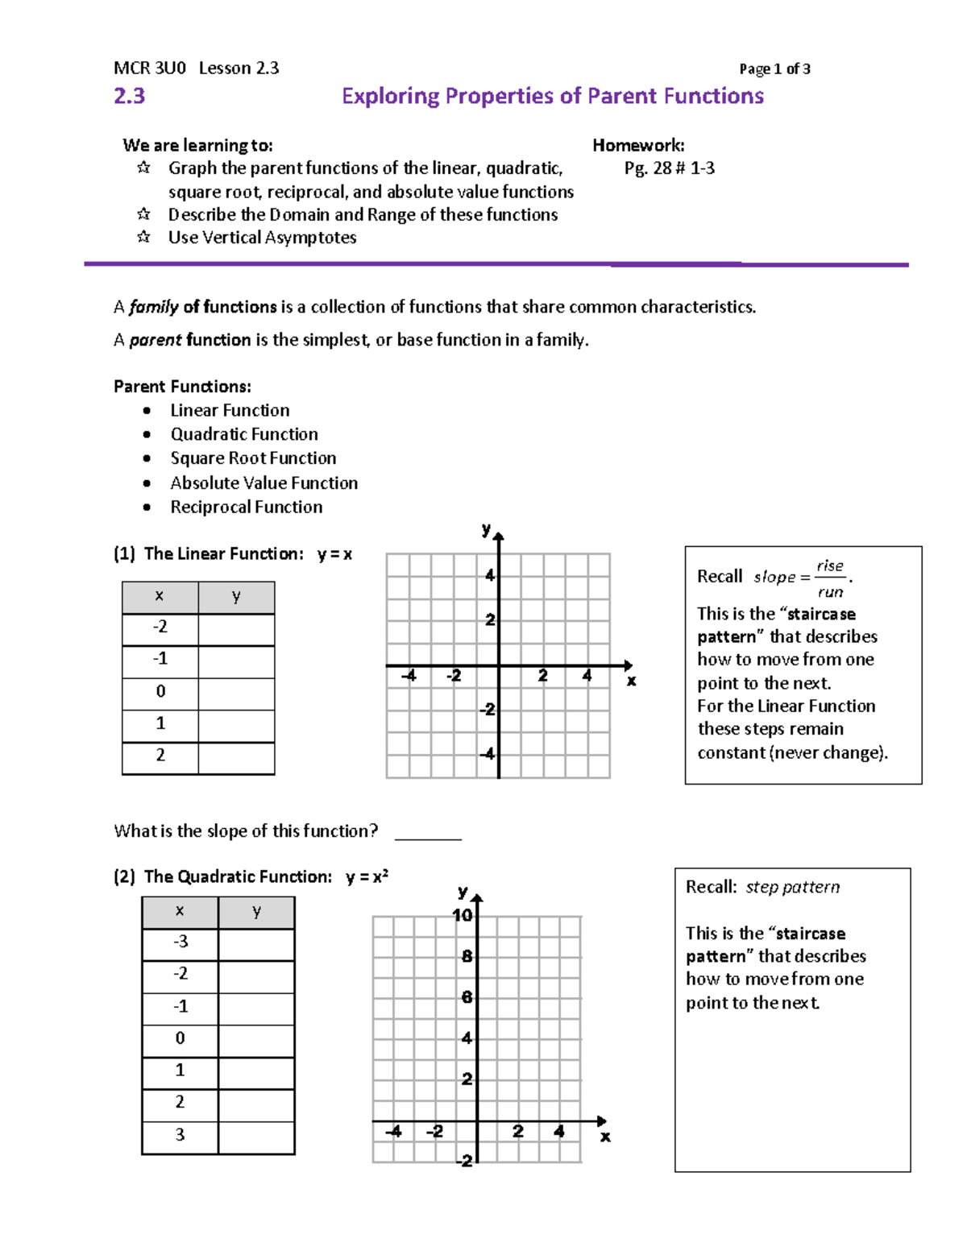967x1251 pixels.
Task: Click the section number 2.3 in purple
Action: (x=129, y=96)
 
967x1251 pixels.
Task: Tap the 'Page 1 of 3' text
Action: (x=774, y=69)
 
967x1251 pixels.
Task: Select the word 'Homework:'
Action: (x=638, y=146)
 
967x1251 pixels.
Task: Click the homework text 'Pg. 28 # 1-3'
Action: (x=669, y=168)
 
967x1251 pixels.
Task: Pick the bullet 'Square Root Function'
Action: (x=253, y=458)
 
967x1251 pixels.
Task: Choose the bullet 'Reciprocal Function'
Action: (x=246, y=507)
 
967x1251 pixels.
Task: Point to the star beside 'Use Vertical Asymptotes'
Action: (x=143, y=238)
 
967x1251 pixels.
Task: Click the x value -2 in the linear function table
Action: (x=160, y=628)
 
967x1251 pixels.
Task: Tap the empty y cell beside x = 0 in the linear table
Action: (x=236, y=692)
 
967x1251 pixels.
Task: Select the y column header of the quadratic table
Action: (x=256, y=912)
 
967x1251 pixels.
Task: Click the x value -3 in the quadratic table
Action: (x=180, y=942)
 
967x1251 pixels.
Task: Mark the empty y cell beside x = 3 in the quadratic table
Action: (x=256, y=1135)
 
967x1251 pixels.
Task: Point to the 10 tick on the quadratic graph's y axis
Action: (x=463, y=916)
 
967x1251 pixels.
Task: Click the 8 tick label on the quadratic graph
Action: (x=467, y=957)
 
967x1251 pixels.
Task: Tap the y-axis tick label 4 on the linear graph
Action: (x=489, y=576)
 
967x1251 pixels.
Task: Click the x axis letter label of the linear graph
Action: (x=631, y=681)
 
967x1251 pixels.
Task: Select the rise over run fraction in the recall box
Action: (x=830, y=578)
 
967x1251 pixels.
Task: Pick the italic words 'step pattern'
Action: (x=792, y=888)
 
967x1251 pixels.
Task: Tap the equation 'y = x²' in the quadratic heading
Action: (x=367, y=877)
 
